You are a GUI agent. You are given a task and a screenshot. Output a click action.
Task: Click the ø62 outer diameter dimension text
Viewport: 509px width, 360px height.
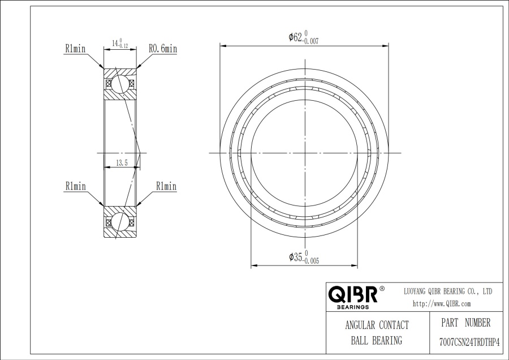pyautogui.click(x=304, y=37)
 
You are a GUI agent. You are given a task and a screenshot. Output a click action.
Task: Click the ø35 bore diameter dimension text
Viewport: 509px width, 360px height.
pyautogui.click(x=304, y=257)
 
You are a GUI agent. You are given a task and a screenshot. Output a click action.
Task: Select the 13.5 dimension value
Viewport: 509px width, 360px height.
pyautogui.click(x=122, y=163)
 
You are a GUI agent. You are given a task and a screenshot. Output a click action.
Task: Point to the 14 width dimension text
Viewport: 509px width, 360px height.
pyautogui.click(x=120, y=43)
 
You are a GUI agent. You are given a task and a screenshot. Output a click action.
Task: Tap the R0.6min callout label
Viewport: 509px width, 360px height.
pyautogui.click(x=163, y=49)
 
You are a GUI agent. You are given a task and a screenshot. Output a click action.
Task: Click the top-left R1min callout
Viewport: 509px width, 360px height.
pyautogui.click(x=75, y=49)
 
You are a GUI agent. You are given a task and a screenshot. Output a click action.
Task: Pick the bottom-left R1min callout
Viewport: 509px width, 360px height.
pyautogui.click(x=76, y=186)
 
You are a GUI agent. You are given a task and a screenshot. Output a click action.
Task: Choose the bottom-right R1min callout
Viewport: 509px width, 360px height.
pyautogui.click(x=166, y=186)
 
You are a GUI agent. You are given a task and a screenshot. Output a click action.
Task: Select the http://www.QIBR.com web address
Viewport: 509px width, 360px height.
pyautogui.click(x=442, y=304)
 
